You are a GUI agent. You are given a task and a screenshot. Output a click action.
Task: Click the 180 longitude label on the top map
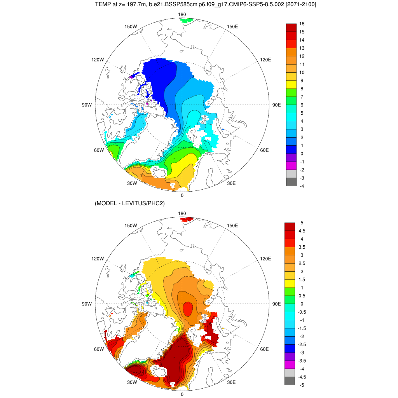pyautogui.click(x=182, y=15)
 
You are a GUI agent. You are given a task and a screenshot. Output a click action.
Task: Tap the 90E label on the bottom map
pyautogui.click(x=276, y=304)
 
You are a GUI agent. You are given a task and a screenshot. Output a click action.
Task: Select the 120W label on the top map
pyautogui.click(x=98, y=60)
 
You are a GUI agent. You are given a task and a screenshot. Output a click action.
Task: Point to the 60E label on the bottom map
pyautogui.click(x=264, y=349)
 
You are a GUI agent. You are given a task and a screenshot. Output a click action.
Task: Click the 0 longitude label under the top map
pyautogui.click(x=182, y=195)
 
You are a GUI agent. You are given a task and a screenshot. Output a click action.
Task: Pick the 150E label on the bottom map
pyautogui.click(x=232, y=226)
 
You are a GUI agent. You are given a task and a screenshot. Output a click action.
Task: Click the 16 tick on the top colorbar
pyautogui.click(x=302, y=24)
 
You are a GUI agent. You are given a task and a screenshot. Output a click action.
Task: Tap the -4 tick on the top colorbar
pyautogui.click(x=302, y=186)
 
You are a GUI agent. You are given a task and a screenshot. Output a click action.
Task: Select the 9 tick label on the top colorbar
pyautogui.click(x=302, y=81)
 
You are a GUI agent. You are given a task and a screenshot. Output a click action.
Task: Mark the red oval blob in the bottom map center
pyautogui.click(x=188, y=309)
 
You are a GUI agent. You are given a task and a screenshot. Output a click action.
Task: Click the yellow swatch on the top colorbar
pyautogui.click(x=292, y=84)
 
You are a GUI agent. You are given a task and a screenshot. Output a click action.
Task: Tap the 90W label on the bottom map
pyautogui.click(x=87, y=304)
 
